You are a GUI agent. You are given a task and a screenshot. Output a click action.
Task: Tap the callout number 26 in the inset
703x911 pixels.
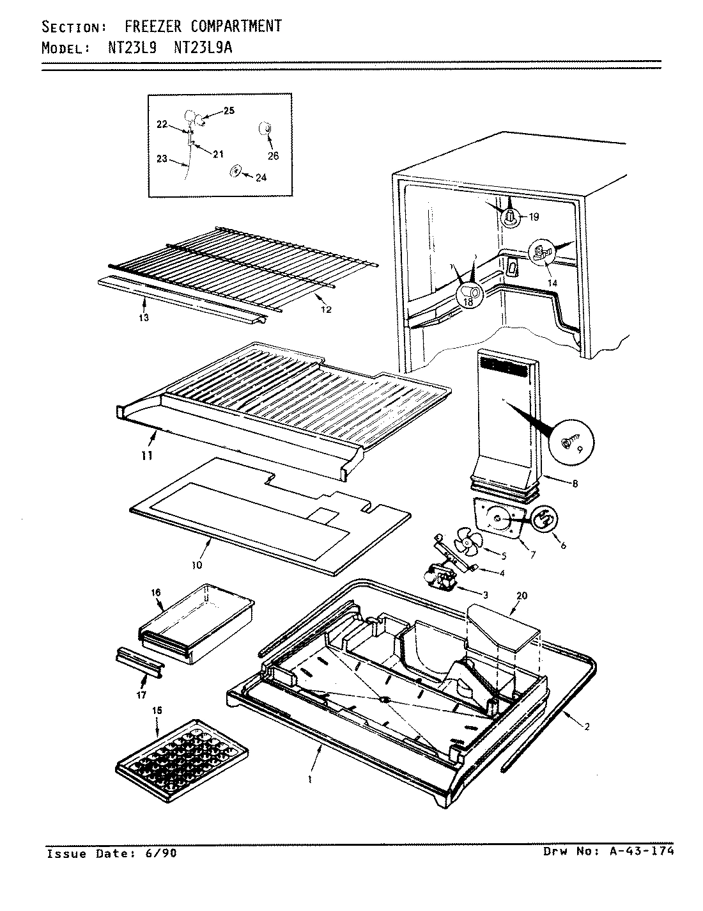click(x=274, y=155)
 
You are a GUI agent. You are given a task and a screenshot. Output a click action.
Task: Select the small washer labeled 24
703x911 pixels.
click(x=235, y=171)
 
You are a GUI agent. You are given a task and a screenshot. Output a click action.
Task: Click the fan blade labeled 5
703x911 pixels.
click(x=466, y=546)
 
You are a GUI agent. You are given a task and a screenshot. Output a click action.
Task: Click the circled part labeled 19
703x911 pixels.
click(x=511, y=218)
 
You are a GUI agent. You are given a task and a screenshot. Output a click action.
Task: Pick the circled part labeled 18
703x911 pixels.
click(x=469, y=294)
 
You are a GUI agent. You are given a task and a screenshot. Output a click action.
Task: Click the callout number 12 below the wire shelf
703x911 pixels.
click(x=326, y=310)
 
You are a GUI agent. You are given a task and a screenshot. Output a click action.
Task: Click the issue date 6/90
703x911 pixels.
click(x=165, y=853)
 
